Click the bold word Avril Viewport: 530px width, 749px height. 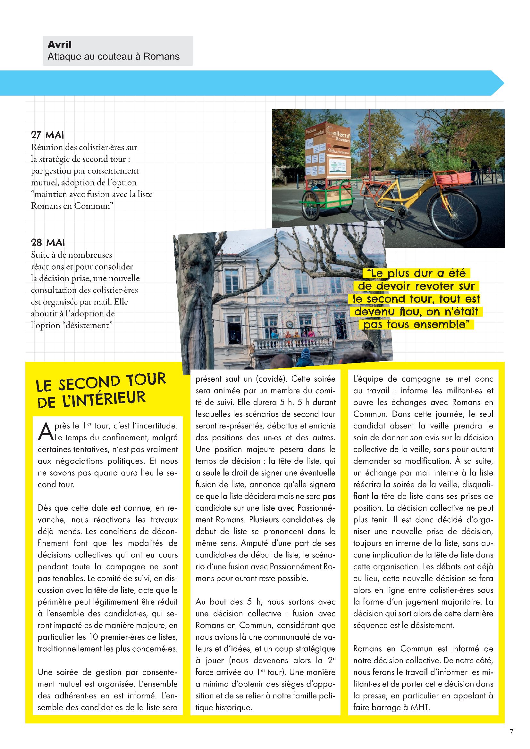coord(59,45)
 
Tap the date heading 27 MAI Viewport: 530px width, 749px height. coord(47,135)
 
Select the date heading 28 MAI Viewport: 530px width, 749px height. coord(48,242)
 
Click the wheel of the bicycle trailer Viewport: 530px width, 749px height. coord(312,206)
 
